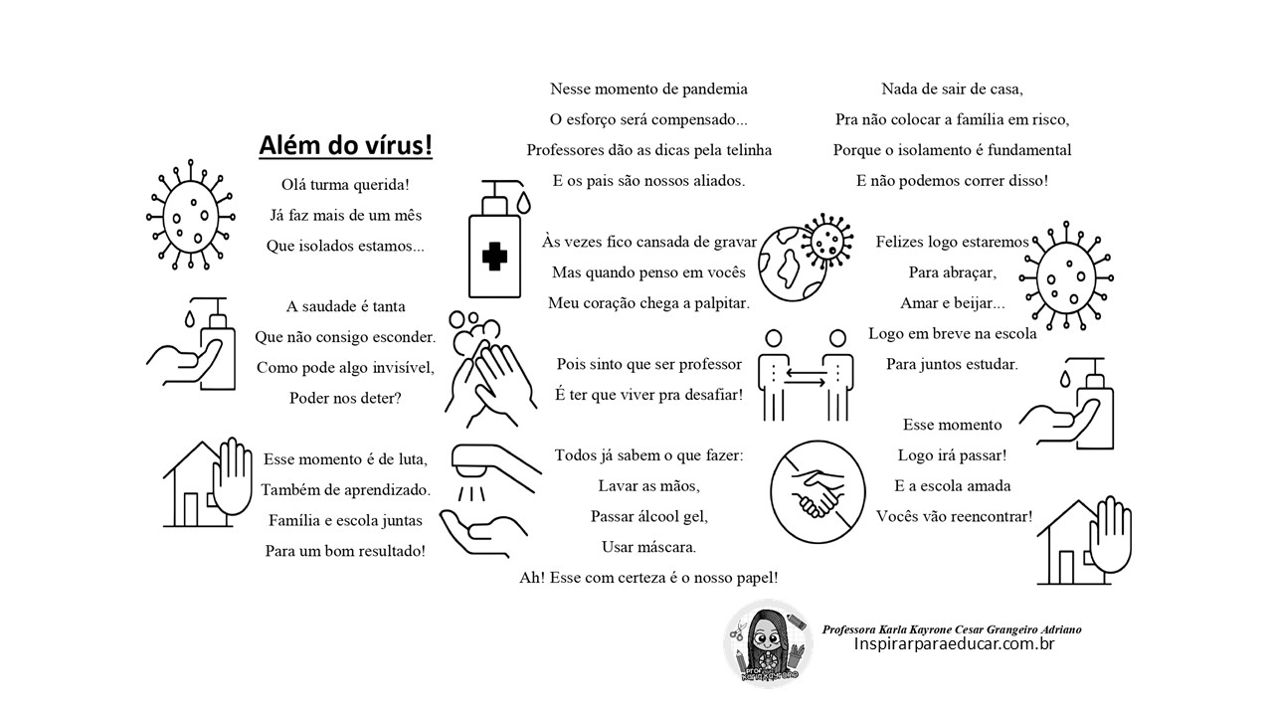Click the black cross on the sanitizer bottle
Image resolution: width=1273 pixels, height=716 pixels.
coord(494,257)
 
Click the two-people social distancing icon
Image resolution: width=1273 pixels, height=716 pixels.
coord(807,375)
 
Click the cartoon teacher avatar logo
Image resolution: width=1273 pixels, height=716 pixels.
coord(769,645)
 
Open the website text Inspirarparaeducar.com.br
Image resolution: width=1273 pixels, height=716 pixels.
coord(954,644)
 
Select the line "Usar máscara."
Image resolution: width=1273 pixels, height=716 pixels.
coord(648,547)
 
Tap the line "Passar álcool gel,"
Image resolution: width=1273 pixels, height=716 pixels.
coord(648,516)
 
